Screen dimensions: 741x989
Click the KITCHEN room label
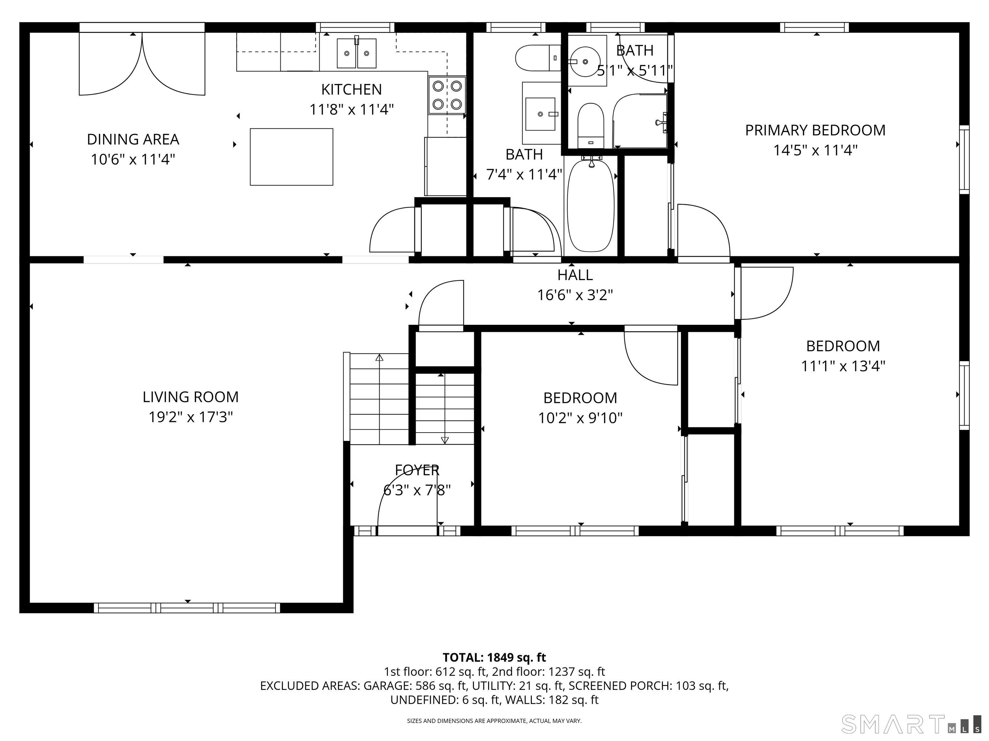coord(352,89)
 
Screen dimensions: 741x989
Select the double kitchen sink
coord(356,53)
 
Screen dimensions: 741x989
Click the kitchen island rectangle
coord(291,157)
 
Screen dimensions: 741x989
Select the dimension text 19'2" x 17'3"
coord(191,417)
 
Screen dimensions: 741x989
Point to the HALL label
coord(575,275)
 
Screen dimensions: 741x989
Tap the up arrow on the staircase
coord(379,358)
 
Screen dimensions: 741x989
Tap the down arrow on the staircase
coord(444,440)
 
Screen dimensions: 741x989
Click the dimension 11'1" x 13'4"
coord(843,366)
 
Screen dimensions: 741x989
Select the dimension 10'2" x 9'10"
coord(580,418)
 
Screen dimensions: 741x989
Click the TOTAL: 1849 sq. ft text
coord(494,657)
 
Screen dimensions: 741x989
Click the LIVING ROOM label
coord(191,397)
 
